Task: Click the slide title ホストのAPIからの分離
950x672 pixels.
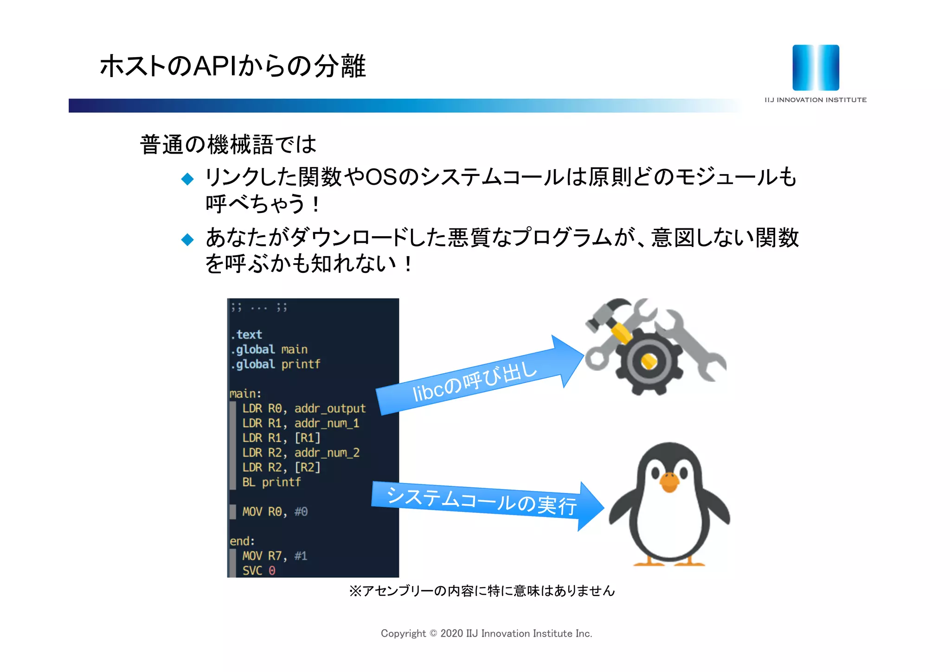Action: point(232,66)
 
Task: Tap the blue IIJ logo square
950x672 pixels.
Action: point(815,68)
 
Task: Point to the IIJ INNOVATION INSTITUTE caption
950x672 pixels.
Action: point(815,100)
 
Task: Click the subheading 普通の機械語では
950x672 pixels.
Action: point(228,144)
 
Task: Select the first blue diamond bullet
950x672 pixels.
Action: point(187,179)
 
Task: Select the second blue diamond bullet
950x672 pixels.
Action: point(187,239)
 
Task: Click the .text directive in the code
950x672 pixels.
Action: point(247,335)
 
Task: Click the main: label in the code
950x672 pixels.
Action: point(245,394)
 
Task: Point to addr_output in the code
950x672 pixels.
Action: point(330,409)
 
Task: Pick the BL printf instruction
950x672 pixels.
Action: point(271,482)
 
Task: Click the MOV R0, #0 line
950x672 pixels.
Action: point(275,512)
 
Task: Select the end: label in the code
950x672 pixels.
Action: point(242,541)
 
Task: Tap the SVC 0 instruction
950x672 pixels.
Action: point(259,571)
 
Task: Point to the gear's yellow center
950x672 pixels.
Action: point(648,361)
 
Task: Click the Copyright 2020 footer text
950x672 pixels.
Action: point(486,633)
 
